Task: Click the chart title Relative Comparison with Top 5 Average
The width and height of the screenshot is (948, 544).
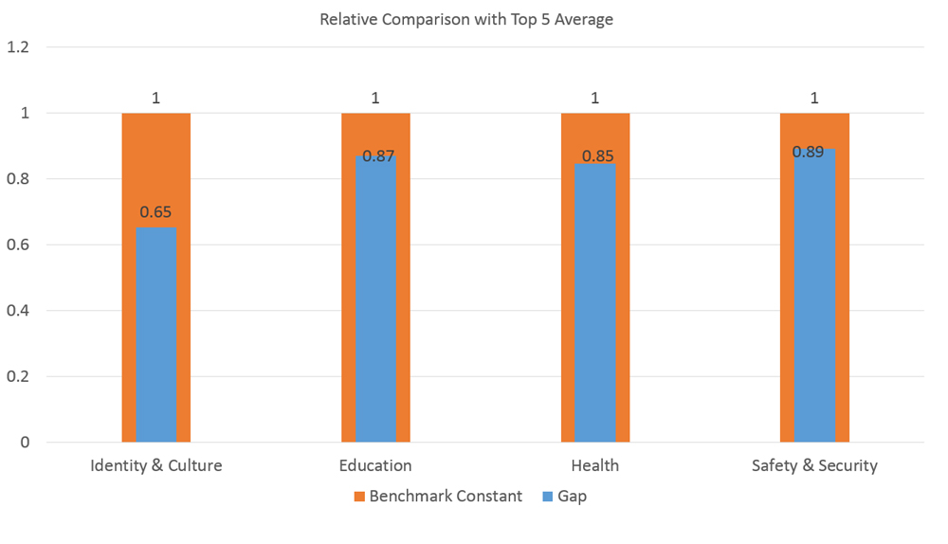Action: point(466,20)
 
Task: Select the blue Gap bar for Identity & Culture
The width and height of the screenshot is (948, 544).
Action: point(156,335)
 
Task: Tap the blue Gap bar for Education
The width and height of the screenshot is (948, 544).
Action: point(375,299)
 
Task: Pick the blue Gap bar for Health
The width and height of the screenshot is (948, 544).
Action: point(595,302)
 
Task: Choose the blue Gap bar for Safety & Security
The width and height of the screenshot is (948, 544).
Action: point(814,296)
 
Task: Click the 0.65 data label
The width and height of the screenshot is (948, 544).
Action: point(155,212)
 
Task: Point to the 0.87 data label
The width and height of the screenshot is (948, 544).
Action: point(378,156)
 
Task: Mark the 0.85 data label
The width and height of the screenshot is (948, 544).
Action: point(598,156)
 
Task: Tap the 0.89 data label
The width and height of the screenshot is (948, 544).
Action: point(809,152)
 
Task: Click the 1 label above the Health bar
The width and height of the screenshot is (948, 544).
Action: point(595,98)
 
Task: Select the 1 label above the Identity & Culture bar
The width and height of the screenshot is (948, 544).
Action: point(156,98)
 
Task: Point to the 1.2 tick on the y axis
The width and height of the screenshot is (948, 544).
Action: point(18,47)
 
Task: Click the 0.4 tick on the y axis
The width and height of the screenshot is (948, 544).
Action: point(18,311)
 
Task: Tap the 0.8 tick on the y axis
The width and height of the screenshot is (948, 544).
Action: point(18,179)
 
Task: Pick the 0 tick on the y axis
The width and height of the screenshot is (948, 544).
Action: point(25,443)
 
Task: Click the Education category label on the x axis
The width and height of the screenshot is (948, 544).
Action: point(375,465)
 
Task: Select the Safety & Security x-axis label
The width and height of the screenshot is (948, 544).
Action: point(814,465)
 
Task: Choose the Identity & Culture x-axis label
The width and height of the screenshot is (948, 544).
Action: point(156,465)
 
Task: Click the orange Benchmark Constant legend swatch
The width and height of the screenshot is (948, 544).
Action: point(359,497)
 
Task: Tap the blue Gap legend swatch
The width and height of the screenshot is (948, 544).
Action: point(548,497)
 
